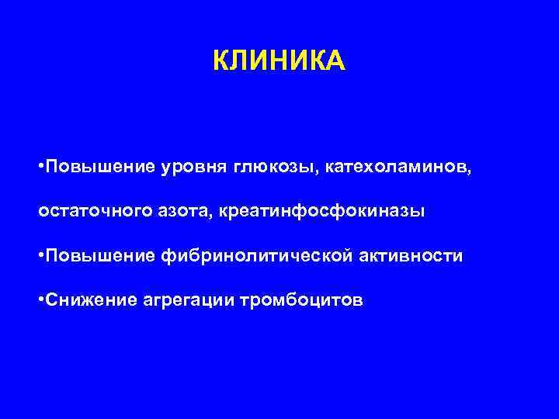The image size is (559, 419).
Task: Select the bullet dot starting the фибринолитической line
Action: pos(41,256)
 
